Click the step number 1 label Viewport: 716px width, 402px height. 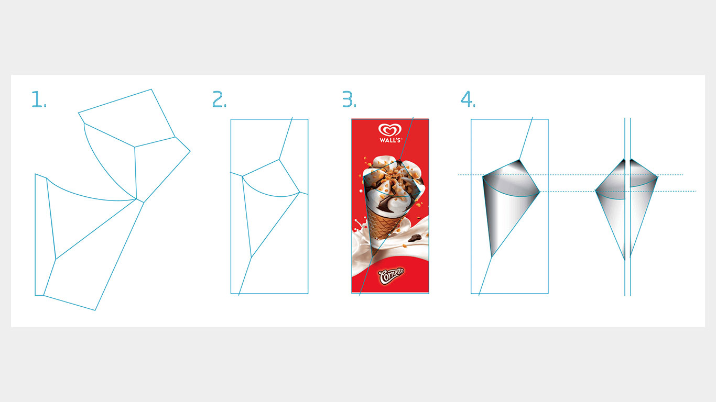click(x=39, y=99)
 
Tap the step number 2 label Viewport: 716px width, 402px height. click(x=219, y=99)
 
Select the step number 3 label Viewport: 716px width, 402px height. click(x=349, y=99)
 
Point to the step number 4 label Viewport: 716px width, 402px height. click(x=468, y=99)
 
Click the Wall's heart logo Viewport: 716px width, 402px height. click(x=390, y=130)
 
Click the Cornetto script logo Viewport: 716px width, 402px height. click(x=391, y=276)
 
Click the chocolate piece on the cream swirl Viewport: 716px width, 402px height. click(x=415, y=238)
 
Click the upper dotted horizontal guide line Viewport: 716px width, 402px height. click(x=571, y=175)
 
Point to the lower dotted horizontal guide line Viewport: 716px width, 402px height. click(x=617, y=191)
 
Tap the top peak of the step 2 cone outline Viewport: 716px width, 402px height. click(x=279, y=159)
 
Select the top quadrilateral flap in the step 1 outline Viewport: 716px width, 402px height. click(x=127, y=118)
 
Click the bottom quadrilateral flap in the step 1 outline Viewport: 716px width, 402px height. click(x=93, y=255)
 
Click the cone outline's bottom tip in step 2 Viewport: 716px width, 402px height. click(x=252, y=257)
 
